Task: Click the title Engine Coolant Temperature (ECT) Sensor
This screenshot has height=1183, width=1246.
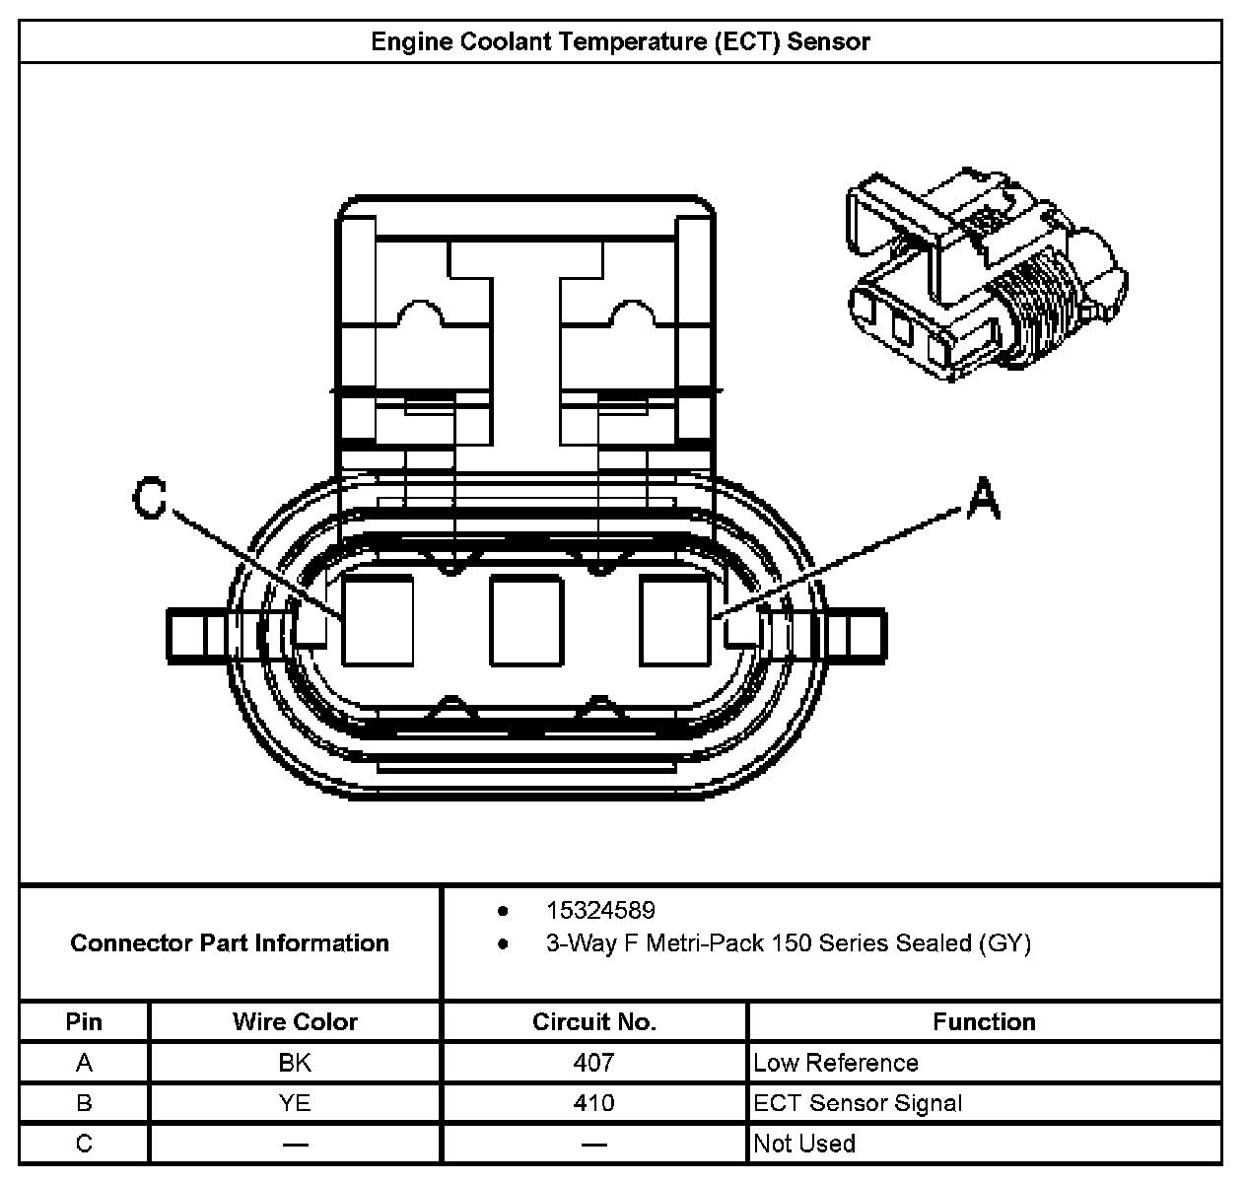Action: (x=621, y=41)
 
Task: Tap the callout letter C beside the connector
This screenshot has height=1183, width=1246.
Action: (x=149, y=499)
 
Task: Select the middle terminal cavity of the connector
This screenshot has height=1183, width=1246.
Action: (x=525, y=620)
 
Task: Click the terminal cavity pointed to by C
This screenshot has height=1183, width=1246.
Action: (x=378, y=620)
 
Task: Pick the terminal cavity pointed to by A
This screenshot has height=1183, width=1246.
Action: (x=675, y=620)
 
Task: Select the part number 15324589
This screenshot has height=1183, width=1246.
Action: (x=600, y=910)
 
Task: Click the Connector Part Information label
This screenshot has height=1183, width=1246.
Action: (x=230, y=943)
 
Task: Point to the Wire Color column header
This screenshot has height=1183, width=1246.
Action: (x=295, y=1021)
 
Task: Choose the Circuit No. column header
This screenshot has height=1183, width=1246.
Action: (x=594, y=1021)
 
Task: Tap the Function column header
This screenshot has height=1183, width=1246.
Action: (x=984, y=1021)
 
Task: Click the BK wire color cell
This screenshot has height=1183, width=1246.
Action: (x=295, y=1063)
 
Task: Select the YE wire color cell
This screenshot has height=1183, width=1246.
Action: (x=295, y=1103)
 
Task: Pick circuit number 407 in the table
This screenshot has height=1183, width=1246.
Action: (x=593, y=1063)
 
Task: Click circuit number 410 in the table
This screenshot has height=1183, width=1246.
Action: (x=593, y=1103)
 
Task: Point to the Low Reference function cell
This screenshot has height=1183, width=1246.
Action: (x=836, y=1063)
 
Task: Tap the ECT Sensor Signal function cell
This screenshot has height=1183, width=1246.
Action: (x=858, y=1103)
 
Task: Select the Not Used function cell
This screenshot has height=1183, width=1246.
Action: (x=804, y=1144)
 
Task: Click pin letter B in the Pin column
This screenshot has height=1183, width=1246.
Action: (x=84, y=1103)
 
